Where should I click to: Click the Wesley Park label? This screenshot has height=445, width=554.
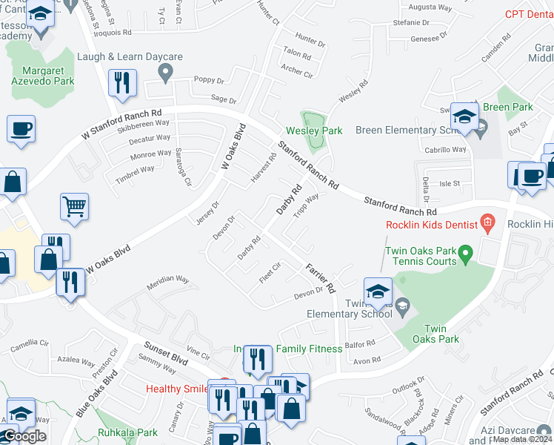315,131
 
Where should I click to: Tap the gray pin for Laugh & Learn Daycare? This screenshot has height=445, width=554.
166,71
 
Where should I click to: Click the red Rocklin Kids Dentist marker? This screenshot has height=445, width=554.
487,221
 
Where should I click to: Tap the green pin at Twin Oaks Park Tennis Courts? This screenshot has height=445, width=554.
465,255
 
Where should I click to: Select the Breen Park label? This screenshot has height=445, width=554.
508,108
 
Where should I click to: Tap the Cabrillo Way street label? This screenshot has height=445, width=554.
444,149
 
